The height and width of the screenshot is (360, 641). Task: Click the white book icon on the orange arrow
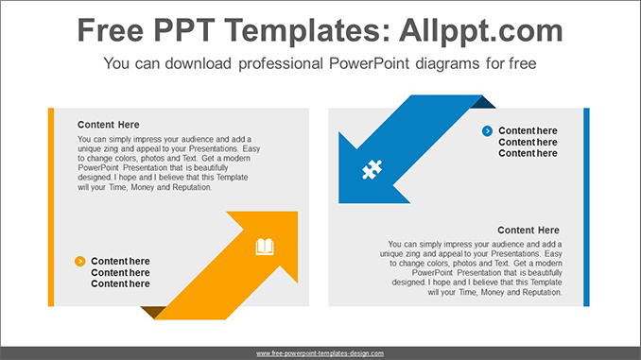point(265,248)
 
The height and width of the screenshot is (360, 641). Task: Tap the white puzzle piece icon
point(372,170)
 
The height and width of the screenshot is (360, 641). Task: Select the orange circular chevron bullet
point(79,261)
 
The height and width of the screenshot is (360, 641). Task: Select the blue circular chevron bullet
point(487,130)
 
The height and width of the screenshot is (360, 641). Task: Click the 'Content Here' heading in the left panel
point(108,124)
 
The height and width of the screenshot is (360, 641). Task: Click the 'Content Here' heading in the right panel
point(528,230)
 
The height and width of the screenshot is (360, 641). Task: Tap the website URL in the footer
point(320,352)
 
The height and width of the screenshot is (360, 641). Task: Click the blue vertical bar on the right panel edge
point(586,206)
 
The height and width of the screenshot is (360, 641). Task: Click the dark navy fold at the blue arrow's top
point(483,102)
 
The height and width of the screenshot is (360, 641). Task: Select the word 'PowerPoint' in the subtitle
point(370,64)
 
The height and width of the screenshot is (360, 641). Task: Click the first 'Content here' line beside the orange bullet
point(120,261)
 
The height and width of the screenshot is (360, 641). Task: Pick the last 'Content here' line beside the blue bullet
point(528,153)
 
